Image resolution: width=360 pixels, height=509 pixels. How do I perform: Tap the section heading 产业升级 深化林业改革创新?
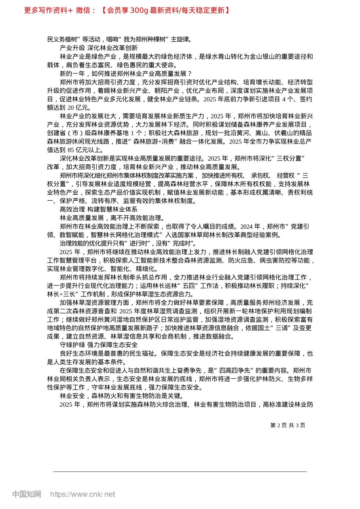coord(99,48)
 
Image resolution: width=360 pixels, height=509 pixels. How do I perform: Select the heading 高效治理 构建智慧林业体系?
coord(99,209)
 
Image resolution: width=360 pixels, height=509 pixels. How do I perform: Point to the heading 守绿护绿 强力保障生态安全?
coord(99,345)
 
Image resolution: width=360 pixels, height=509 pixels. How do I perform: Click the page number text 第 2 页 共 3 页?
coord(288,425)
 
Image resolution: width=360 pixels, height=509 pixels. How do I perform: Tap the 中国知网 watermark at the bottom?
coord(27,494)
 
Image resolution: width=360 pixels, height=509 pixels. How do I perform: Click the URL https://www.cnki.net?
coord(83,494)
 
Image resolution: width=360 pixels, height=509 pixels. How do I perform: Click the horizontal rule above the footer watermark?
coord(180,472)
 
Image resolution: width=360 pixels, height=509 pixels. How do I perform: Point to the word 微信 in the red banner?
coord(83,10)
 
